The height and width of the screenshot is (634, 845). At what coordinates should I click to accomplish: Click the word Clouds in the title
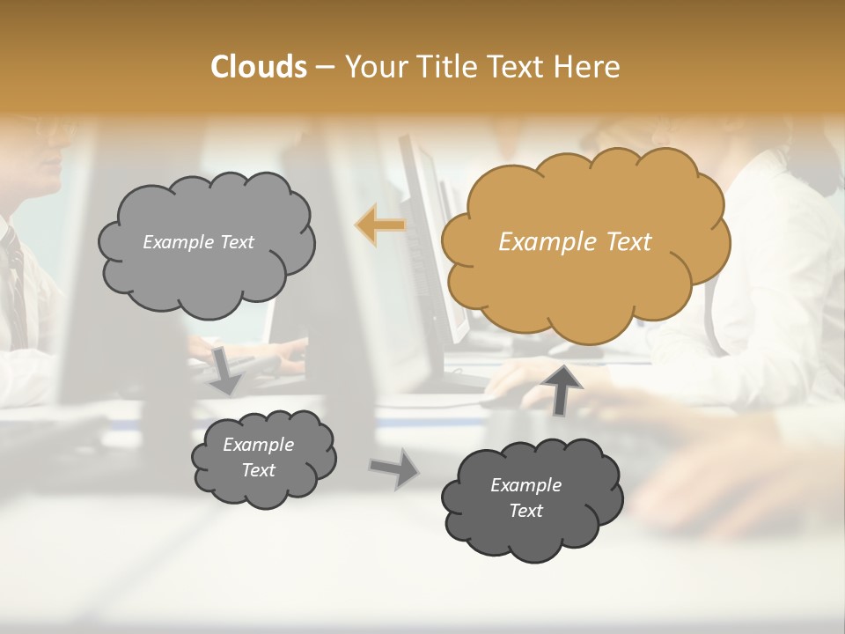click(x=258, y=67)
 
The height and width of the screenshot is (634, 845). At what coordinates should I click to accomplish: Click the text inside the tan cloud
click(x=575, y=242)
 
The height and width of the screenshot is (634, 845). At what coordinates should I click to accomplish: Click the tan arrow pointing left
click(x=380, y=225)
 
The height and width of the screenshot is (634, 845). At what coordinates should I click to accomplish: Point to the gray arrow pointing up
click(x=562, y=387)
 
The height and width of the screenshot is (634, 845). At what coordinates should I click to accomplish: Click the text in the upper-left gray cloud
click(x=198, y=242)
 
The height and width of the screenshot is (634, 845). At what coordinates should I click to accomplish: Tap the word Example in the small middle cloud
click(x=258, y=445)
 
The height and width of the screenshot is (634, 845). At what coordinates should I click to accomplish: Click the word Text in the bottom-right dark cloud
click(x=525, y=511)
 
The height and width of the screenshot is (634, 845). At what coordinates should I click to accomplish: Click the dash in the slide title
click(x=324, y=68)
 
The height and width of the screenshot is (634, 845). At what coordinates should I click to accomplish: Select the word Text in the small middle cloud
click(x=258, y=470)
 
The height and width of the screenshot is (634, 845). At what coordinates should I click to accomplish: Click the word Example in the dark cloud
click(x=525, y=485)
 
